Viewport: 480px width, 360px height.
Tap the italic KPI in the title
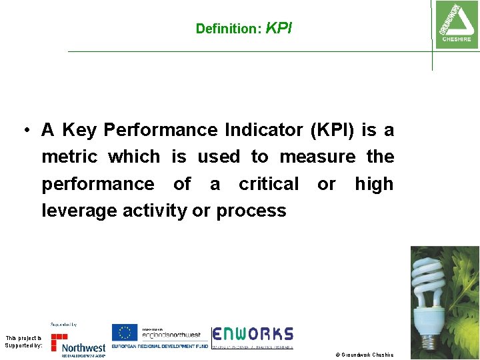pyautogui.click(x=279, y=28)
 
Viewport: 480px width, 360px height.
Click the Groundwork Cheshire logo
pyautogui.click(x=456, y=24)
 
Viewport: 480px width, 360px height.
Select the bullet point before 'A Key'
pyautogui.click(x=23, y=130)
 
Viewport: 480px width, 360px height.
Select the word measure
pyautogui.click(x=317, y=157)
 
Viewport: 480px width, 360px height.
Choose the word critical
pyautogui.click(x=269, y=184)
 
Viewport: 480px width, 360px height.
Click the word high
pyautogui.click(x=374, y=184)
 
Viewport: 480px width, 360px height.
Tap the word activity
pyautogui.click(x=155, y=211)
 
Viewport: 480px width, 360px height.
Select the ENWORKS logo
pyautogui.click(x=253, y=337)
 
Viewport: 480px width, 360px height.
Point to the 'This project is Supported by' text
pyautogui.click(x=23, y=342)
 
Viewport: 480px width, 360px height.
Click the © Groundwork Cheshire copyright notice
pyautogui.click(x=364, y=355)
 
